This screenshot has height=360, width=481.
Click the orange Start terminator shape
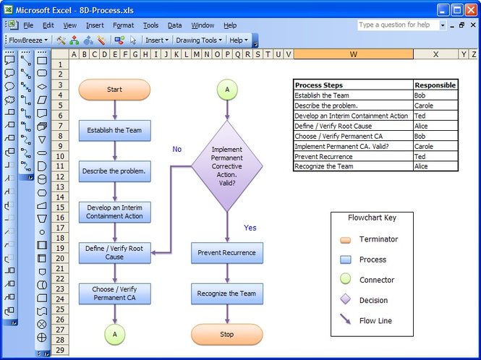[114, 90]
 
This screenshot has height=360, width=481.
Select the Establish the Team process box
[115, 130]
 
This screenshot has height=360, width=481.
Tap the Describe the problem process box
[115, 171]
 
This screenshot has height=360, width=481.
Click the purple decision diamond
[227, 166]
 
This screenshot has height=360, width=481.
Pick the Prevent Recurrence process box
[227, 253]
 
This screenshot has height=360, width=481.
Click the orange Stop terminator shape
[227, 334]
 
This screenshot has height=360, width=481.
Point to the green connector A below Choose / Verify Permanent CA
[115, 334]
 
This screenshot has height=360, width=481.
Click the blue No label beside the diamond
[177, 150]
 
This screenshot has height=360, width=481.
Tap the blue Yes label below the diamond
[250, 228]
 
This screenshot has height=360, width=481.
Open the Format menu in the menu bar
[123, 25]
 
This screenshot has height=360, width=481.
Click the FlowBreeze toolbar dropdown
[28, 40]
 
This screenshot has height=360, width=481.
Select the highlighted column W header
[354, 54]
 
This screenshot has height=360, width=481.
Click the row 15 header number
[60, 207]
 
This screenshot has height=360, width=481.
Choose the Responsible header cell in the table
[435, 85]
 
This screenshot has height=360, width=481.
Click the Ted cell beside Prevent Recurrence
[435, 156]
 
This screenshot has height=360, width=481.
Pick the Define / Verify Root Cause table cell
[354, 126]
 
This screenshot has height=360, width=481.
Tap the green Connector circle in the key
[346, 279]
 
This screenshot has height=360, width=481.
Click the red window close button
[471, 10]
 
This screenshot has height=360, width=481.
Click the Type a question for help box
[399, 25]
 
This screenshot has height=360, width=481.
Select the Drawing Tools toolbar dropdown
[198, 40]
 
